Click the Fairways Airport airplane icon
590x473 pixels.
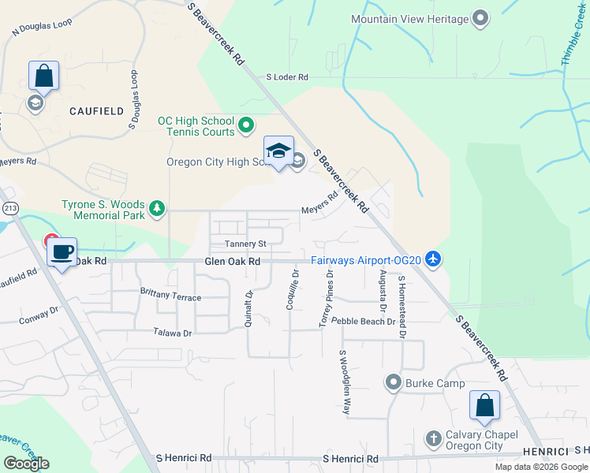click(432, 258)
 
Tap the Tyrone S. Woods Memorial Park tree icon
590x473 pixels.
click(158, 208)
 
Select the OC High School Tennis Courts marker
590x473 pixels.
click(246, 125)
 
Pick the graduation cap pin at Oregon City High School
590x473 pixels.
click(278, 151)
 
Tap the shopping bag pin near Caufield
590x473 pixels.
click(43, 76)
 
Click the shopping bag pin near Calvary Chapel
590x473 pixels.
click(484, 405)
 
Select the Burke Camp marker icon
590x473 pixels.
click(393, 383)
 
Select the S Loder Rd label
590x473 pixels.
click(287, 76)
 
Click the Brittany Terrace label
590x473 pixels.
click(170, 298)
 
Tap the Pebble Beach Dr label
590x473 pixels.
click(363, 322)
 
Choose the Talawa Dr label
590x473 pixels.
click(173, 333)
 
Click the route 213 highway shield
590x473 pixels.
click(9, 208)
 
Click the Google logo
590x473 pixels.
click(26, 464)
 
